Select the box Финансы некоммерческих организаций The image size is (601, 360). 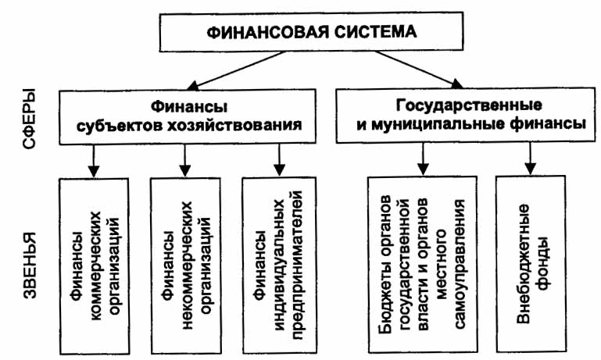click(185, 266)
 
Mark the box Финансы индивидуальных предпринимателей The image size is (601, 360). click(277, 266)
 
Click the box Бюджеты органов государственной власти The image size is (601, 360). click(423, 266)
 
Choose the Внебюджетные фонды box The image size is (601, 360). click(530, 266)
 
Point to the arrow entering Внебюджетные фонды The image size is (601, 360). click(530, 159)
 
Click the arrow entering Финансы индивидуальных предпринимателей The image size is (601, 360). click(278, 160)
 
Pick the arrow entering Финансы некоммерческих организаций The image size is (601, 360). click(185, 160)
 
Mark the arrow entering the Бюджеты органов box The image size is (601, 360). click(423, 159)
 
